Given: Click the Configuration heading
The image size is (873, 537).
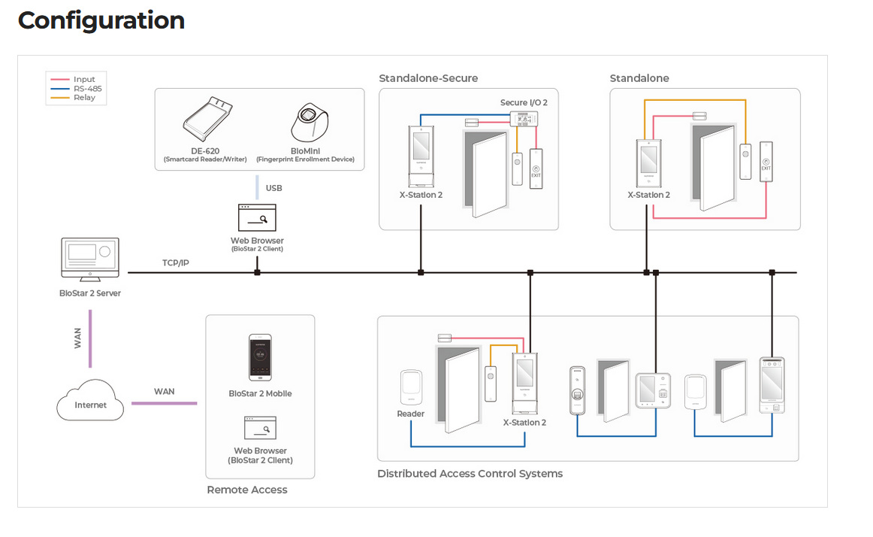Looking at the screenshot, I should coord(101,20).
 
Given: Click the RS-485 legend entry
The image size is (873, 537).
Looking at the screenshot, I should coord(83,89).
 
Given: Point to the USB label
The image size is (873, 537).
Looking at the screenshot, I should coord(273,188).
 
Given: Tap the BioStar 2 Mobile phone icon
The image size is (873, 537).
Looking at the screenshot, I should coord(260,359).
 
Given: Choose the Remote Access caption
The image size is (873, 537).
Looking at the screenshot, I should coord(247,490).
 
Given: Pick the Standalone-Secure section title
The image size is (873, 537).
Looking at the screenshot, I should coord(428,78).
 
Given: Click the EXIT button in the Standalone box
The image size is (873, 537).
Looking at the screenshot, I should coord(766,162).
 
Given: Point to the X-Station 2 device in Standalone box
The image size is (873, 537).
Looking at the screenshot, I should coord(648,162).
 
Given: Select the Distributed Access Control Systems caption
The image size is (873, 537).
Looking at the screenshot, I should coord(470,474).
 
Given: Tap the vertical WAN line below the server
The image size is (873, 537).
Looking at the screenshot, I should coord(90,338).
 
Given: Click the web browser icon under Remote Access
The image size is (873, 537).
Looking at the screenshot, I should coord(260,428).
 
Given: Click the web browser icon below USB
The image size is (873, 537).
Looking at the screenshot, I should coord(257,218).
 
